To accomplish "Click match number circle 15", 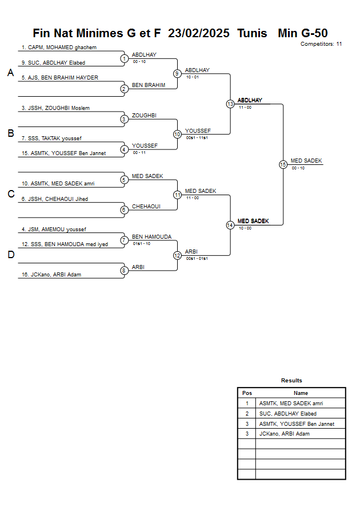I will [x=283, y=164].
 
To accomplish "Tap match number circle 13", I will [x=230, y=104].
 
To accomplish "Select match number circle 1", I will [x=124, y=58].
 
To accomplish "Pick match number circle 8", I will [x=124, y=271].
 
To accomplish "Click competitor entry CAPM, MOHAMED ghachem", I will [x=59, y=48].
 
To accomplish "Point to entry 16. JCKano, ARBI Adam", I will [x=51, y=275].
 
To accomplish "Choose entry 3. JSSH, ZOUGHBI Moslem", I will [x=55, y=108].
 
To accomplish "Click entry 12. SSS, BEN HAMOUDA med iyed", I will [x=65, y=244].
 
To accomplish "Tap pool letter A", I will [x=10, y=73].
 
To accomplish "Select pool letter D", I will [x=10, y=255].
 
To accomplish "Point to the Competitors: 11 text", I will [x=321, y=44].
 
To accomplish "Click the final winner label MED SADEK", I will [x=306, y=161].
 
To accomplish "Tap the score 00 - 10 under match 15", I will [x=298, y=168].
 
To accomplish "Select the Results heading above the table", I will [x=291, y=381].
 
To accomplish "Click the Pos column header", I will [x=247, y=393].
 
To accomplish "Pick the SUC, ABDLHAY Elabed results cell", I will [x=287, y=413].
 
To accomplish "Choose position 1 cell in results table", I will [x=247, y=403].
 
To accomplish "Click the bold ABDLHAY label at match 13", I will [x=250, y=100].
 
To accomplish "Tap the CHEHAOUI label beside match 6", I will [x=146, y=206].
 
